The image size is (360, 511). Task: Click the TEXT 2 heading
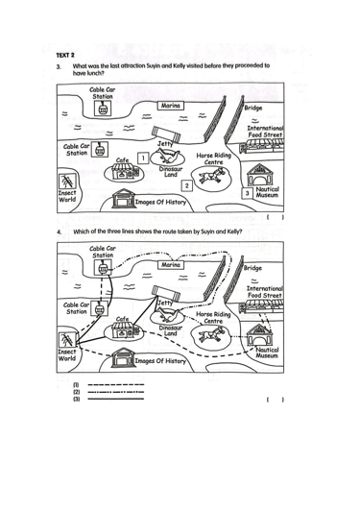click(65, 55)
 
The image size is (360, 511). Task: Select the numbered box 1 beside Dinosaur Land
click(143, 158)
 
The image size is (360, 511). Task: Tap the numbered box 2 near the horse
click(186, 185)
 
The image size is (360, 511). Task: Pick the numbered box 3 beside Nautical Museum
click(248, 193)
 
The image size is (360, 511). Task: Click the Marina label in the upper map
click(170, 106)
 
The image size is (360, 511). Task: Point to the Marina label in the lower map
click(170, 265)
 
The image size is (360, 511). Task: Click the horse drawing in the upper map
click(212, 175)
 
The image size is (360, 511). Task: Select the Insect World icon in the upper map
click(67, 181)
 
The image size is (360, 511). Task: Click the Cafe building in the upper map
click(125, 170)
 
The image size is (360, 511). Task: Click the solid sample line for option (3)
click(115, 399)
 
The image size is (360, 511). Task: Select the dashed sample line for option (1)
click(115, 385)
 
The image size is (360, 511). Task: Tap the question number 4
click(59, 232)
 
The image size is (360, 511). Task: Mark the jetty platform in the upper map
click(166, 134)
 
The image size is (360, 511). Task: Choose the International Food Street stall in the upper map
click(262, 146)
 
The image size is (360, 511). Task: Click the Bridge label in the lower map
click(252, 268)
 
